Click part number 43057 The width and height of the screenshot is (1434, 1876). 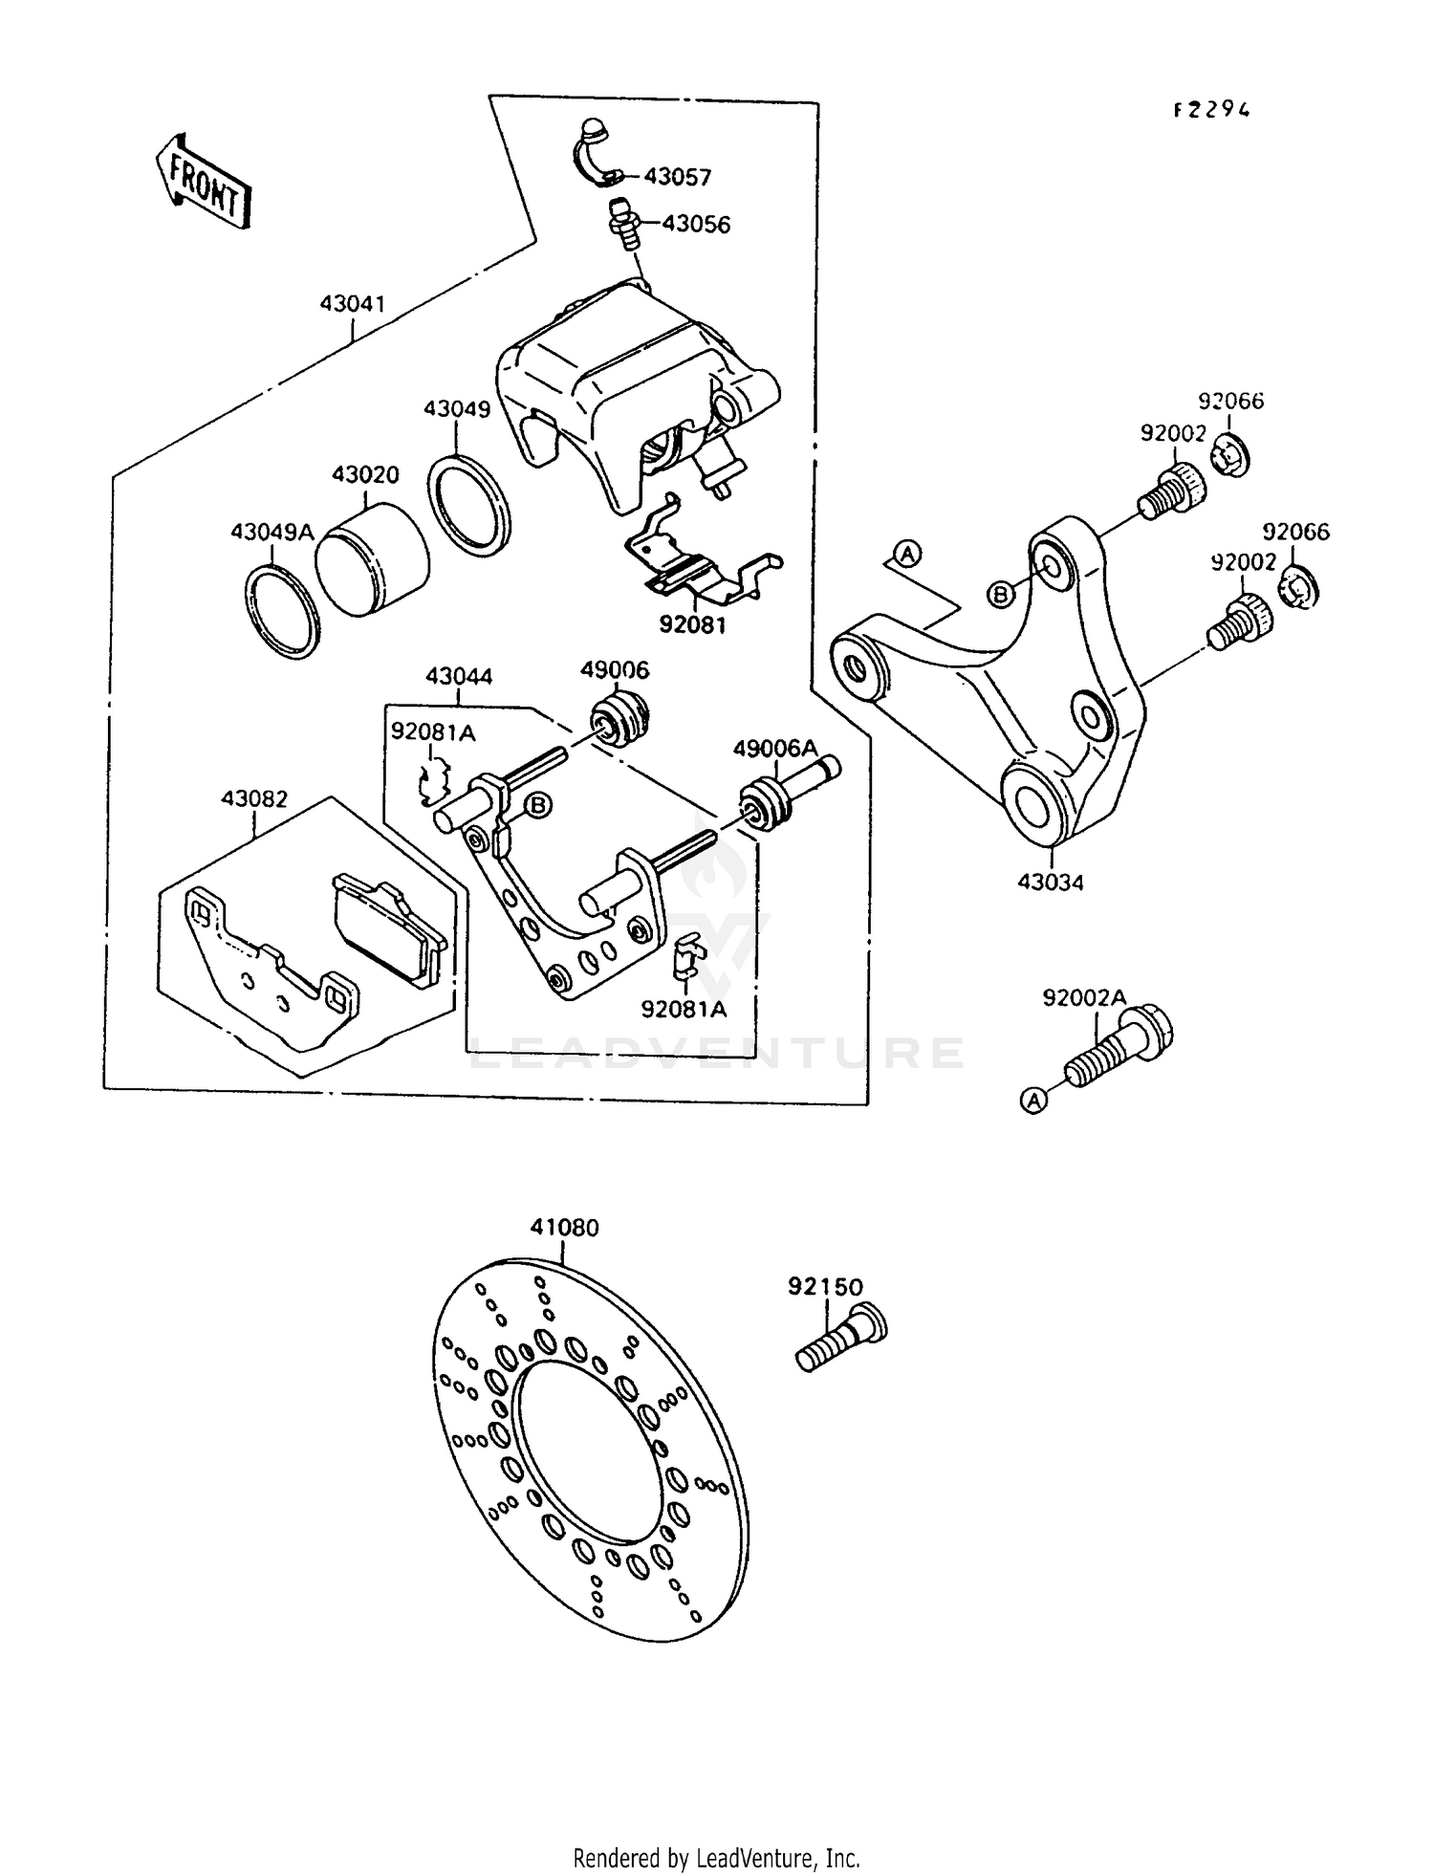pyautogui.click(x=677, y=177)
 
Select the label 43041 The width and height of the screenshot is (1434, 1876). pyautogui.click(x=352, y=304)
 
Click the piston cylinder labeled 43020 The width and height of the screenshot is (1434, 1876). pyautogui.click(x=371, y=566)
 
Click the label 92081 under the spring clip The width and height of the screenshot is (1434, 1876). pyautogui.click(x=692, y=625)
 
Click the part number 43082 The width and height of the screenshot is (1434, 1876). pyautogui.click(x=254, y=798)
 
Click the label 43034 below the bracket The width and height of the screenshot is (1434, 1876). pyautogui.click(x=1050, y=883)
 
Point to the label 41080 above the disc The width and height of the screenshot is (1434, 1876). pyautogui.click(x=564, y=1227)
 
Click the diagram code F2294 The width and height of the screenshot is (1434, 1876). pyautogui.click(x=1211, y=110)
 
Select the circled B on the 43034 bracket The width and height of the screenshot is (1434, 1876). pyautogui.click(x=1000, y=595)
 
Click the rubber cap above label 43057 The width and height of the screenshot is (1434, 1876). pyautogui.click(x=593, y=131)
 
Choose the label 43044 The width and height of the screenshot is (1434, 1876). pyautogui.click(x=459, y=676)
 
